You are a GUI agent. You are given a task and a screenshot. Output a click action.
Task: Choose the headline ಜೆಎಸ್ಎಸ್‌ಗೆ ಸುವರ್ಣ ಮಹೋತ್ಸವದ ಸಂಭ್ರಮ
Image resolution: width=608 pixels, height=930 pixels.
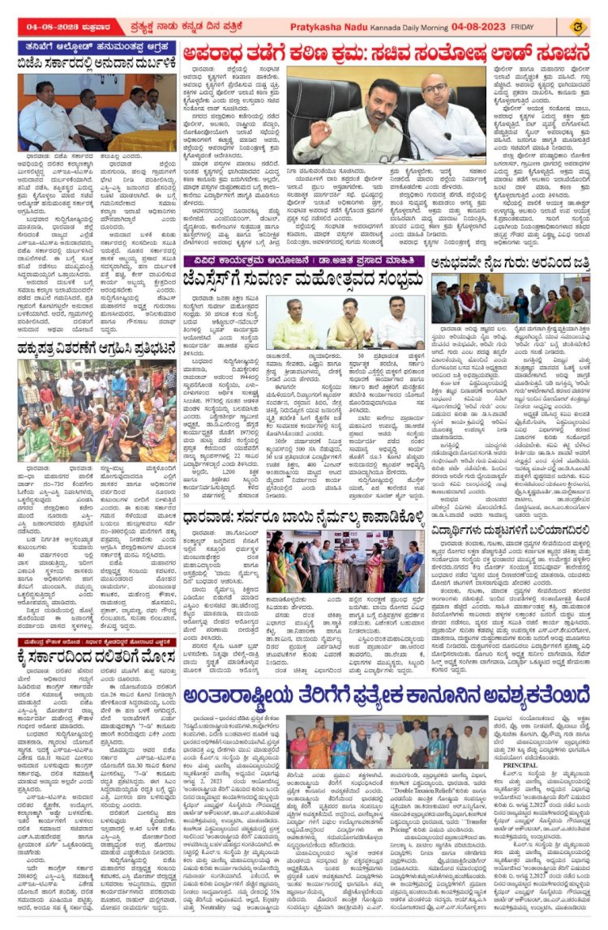[302, 279]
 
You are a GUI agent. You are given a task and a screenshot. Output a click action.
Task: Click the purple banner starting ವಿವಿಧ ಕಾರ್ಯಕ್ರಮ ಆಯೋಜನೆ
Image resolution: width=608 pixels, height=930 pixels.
[302, 261]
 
